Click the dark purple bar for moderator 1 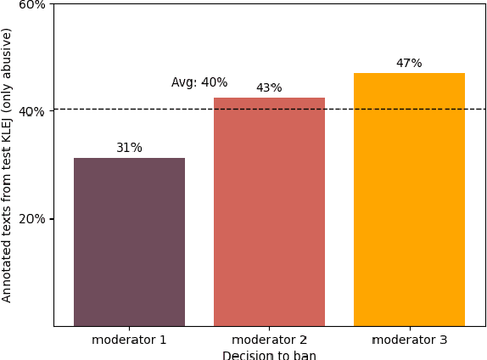point(129,242)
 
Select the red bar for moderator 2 point(269,211)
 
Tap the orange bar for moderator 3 point(409,200)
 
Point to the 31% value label point(129,148)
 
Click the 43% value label point(269,87)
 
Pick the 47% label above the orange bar point(409,63)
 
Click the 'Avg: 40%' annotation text point(199,82)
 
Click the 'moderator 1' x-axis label point(129,340)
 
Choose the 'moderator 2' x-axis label point(269,340)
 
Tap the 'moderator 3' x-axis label point(409,340)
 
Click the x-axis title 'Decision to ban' point(269,355)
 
